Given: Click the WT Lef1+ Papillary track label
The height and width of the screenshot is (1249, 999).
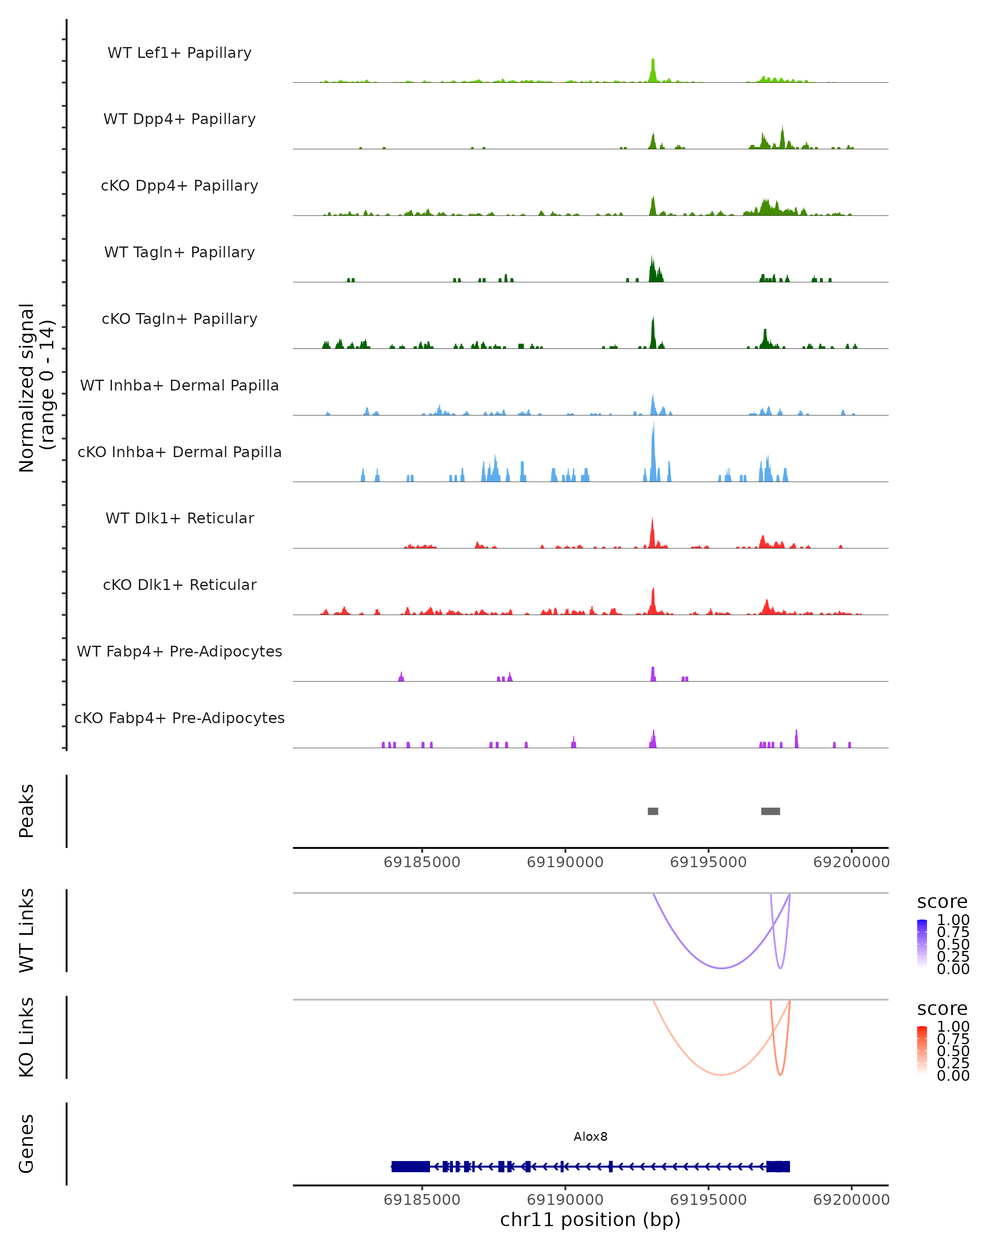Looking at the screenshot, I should pos(179,53).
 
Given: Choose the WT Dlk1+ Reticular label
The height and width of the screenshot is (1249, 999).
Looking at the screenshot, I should pos(179,518).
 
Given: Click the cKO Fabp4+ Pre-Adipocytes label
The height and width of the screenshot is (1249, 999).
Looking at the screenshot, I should pos(179,718).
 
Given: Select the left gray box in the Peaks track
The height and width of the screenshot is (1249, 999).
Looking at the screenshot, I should pos(653,811).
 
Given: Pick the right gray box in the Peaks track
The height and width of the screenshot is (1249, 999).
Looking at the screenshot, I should pos(770,811).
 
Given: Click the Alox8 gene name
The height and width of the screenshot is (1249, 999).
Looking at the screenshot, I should pos(590,1137).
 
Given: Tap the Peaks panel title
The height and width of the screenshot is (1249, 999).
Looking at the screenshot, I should pos(27,811).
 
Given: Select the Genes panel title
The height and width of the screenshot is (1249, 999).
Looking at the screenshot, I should pos(27,1144).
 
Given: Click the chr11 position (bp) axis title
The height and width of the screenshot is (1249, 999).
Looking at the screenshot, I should pos(590,1219).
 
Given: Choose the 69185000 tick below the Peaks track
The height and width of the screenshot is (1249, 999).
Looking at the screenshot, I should pos(422,862).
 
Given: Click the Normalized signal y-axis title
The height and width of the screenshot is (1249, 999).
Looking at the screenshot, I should pos(36,388).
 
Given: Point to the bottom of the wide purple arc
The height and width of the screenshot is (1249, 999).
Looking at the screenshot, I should pos(722,968).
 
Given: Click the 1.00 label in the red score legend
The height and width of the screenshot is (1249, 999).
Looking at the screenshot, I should pos(953,1027).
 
